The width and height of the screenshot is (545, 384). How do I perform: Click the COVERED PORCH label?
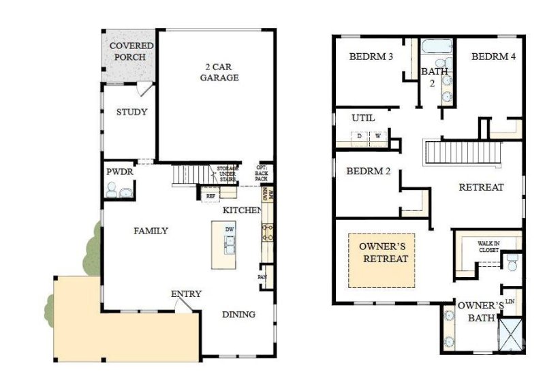click(131, 51)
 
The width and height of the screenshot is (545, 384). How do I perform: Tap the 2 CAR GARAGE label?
click(219, 72)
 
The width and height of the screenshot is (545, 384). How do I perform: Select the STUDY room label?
click(131, 112)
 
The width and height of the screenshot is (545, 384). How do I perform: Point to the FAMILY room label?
click(151, 231)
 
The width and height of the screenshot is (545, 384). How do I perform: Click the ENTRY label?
click(186, 293)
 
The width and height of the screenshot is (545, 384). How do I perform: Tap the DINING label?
click(238, 315)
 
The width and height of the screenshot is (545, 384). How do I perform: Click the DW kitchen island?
click(230, 244)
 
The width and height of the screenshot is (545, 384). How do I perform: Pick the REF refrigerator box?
click(211, 196)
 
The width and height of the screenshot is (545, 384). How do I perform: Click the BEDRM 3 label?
click(371, 57)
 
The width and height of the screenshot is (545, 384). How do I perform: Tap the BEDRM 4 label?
click(493, 57)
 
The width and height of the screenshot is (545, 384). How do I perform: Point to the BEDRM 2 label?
click(368, 171)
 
